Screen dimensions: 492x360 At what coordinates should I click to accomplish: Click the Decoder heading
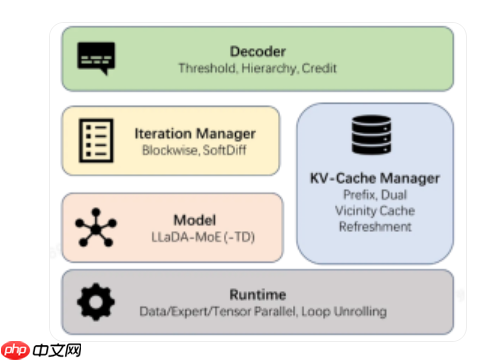(x=258, y=52)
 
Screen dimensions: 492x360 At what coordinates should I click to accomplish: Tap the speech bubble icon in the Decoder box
(x=96, y=58)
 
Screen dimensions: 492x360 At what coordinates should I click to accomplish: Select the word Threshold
(x=208, y=68)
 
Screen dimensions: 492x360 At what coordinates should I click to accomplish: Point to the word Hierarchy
(x=269, y=69)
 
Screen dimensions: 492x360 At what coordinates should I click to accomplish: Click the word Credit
(x=319, y=68)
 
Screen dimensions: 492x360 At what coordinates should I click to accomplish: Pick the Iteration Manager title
(x=195, y=134)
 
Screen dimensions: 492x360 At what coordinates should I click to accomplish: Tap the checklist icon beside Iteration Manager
(x=96, y=140)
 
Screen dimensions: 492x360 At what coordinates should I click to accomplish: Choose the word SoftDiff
(x=224, y=150)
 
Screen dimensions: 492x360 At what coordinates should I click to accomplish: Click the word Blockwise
(x=171, y=150)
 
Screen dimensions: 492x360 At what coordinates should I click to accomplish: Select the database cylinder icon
(x=371, y=135)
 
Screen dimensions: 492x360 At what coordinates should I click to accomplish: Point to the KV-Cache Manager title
(x=375, y=178)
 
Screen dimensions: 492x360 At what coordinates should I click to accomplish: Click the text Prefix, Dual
(x=375, y=195)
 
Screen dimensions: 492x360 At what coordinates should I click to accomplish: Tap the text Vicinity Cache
(x=375, y=211)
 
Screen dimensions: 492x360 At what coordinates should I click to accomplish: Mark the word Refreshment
(x=375, y=227)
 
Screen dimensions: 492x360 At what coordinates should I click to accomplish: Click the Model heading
(x=195, y=220)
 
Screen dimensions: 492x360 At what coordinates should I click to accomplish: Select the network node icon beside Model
(x=96, y=227)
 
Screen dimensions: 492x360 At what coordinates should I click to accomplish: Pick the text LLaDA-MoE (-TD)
(x=203, y=237)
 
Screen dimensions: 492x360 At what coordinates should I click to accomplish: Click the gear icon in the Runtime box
(x=96, y=302)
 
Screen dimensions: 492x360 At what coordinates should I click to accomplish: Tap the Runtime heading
(x=258, y=295)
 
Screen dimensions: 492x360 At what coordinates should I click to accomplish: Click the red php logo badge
(x=15, y=350)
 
